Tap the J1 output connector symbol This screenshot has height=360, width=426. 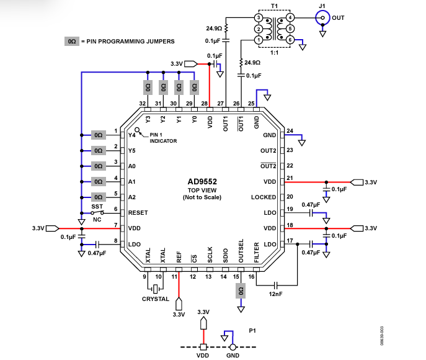click(322, 18)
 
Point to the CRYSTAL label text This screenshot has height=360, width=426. click(155, 299)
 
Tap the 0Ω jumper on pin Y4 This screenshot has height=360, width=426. click(99, 135)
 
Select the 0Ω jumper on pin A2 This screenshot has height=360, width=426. click(99, 197)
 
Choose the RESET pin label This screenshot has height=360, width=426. click(138, 212)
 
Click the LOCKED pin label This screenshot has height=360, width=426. click(264, 197)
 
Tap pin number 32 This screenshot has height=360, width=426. click(143, 103)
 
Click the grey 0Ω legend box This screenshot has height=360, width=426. click(71, 42)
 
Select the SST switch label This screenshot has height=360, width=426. click(97, 206)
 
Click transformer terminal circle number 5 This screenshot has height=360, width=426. click(290, 29)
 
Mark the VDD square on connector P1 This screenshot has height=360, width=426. click(203, 347)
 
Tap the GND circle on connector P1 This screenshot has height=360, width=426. click(233, 347)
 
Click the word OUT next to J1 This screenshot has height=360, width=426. click(339, 18)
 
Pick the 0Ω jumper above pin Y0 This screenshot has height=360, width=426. click(194, 86)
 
